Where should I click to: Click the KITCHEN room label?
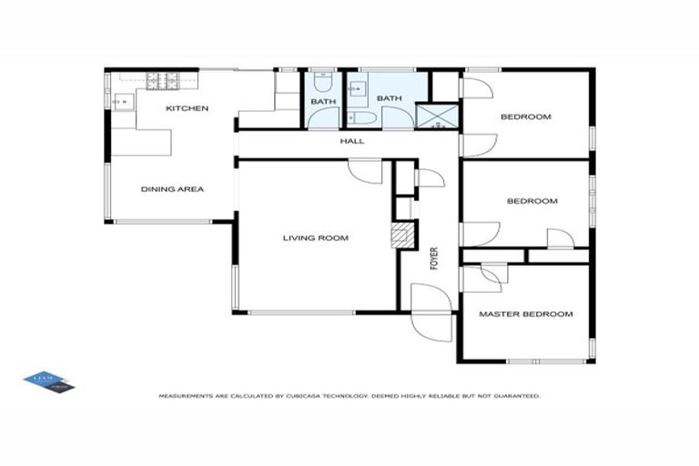tap(187, 108)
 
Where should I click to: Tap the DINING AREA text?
tap(172, 189)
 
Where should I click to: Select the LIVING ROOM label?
tap(315, 238)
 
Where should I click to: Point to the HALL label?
tap(351, 141)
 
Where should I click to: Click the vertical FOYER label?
tap(434, 258)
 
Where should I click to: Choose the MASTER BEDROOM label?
tap(526, 314)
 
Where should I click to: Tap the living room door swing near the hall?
tap(366, 171)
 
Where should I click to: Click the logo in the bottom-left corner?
tap(48, 381)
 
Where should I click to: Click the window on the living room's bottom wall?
tap(300, 312)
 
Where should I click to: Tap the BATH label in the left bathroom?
tap(322, 101)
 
